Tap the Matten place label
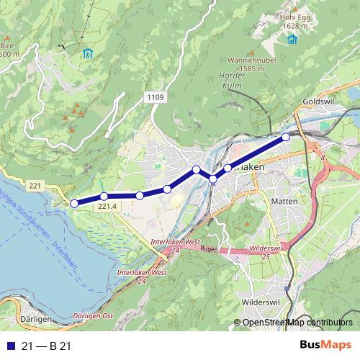pos(284,202)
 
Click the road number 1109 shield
pos(155,96)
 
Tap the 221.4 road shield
pos(107,207)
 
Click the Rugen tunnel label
pos(208,250)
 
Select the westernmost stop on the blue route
pos(74,203)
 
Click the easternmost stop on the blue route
pos(286,136)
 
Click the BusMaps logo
pos(325,346)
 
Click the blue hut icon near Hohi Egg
pos(292,38)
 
